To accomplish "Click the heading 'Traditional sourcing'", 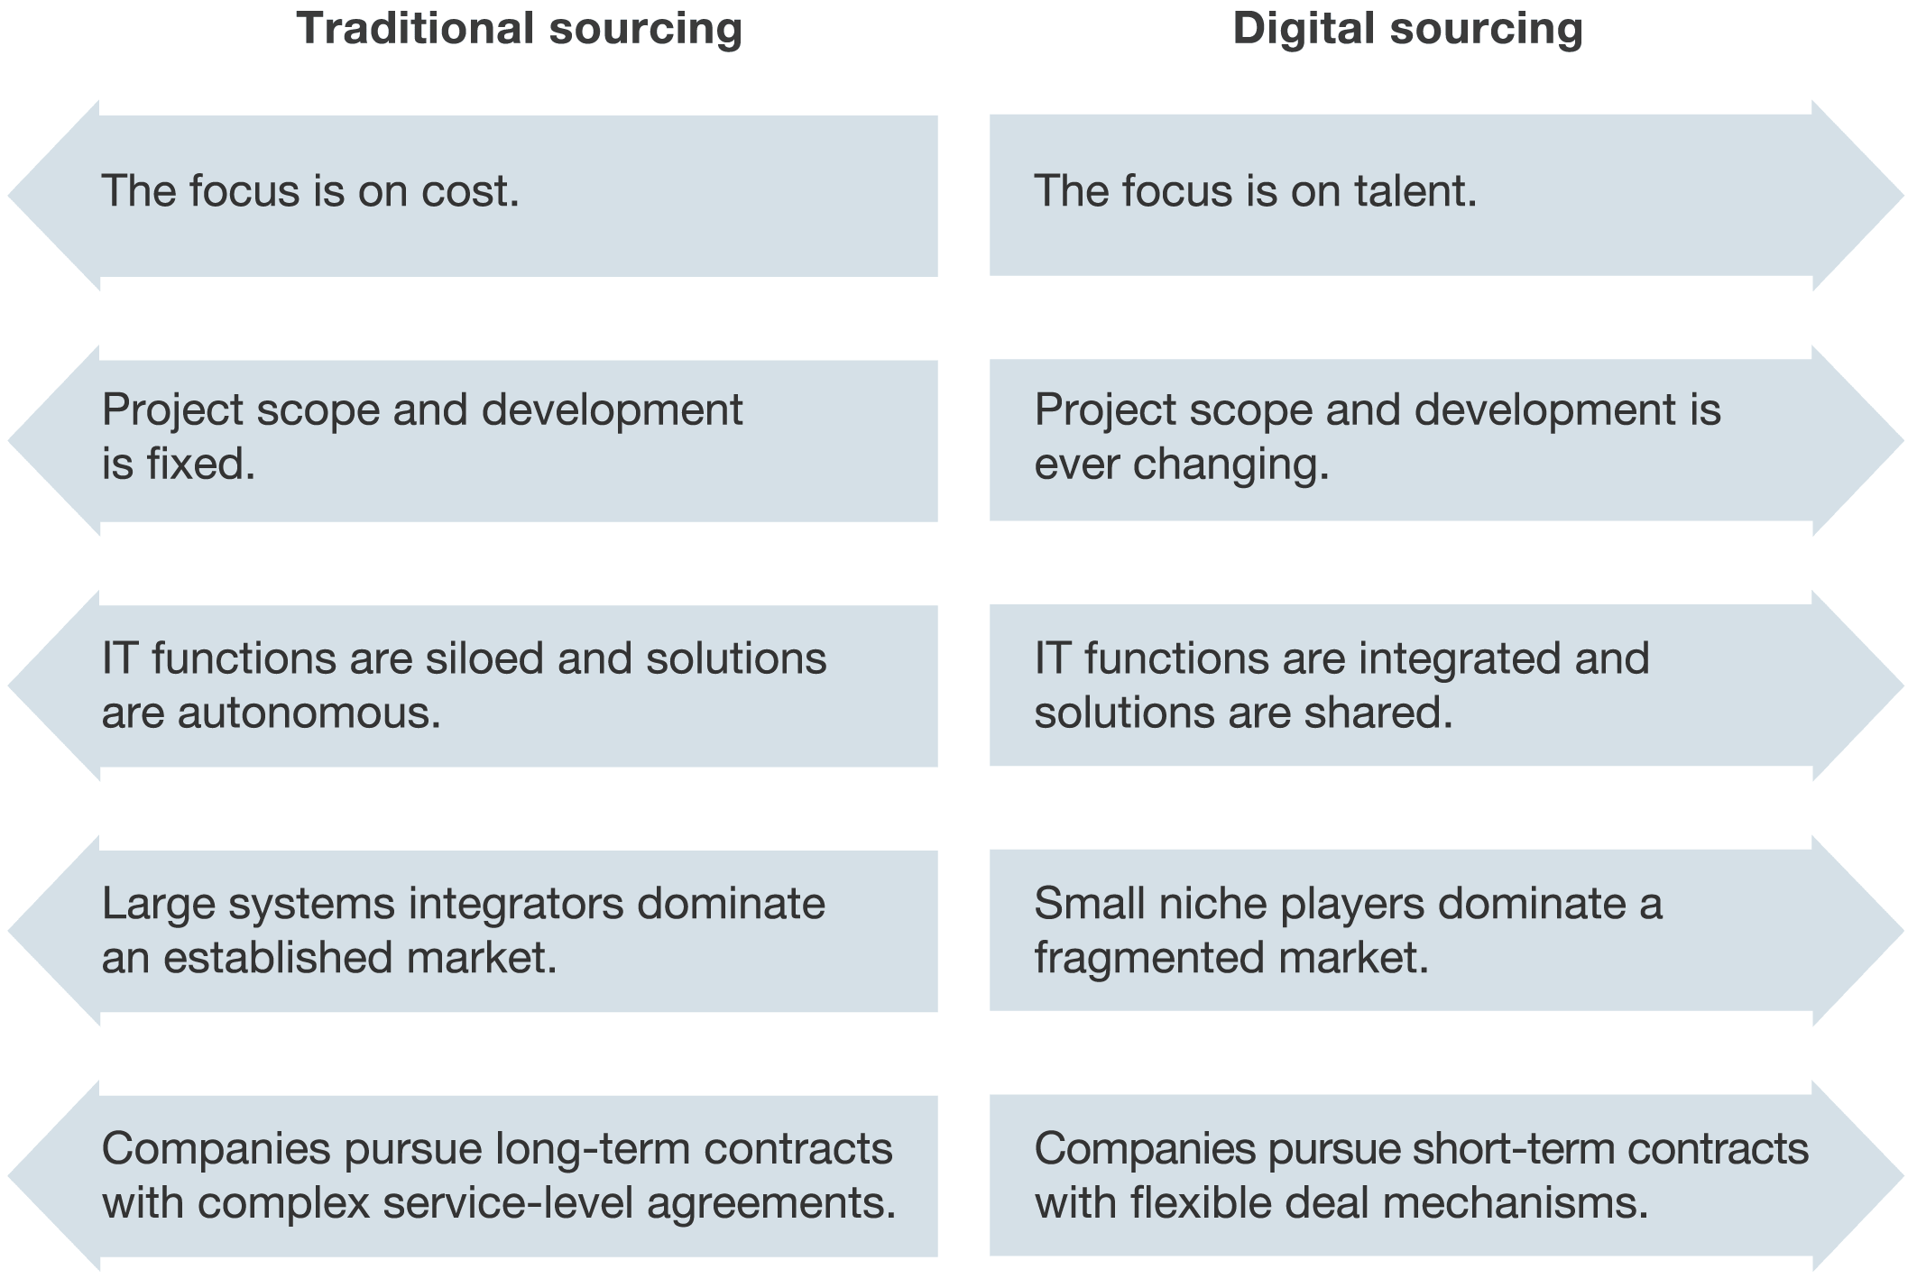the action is (x=520, y=29).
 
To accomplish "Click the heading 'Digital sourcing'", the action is (x=1407, y=29).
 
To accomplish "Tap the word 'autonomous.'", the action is (x=309, y=713).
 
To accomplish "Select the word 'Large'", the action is (x=159, y=905).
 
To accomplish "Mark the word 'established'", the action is (x=278, y=958).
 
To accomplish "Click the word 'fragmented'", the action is (x=1150, y=959).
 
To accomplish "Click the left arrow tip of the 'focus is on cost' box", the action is (x=9, y=195).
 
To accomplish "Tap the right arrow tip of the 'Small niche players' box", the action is (x=1903, y=930).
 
